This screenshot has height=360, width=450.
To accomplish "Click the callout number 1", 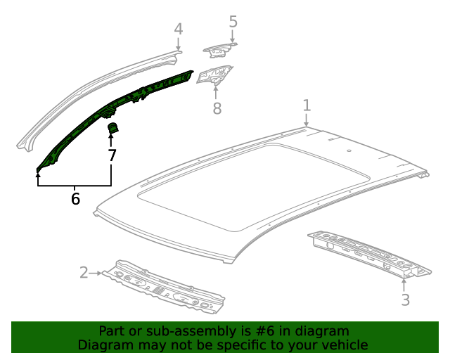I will [307, 105].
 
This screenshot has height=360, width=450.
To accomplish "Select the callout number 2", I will [84, 272].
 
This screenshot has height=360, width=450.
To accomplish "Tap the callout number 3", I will [404, 301].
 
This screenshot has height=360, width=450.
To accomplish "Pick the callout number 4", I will [179, 29].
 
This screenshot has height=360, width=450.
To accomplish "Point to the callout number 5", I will [233, 22].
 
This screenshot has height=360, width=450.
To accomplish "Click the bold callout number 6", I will [75, 199].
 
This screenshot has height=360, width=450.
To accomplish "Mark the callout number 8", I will [217, 108].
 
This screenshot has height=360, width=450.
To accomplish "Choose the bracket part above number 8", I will [214, 75].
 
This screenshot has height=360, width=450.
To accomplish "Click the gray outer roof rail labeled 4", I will [91, 91].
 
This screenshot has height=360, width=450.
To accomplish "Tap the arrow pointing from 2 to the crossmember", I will [98, 272].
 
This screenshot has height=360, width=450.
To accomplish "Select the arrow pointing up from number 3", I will [404, 285].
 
